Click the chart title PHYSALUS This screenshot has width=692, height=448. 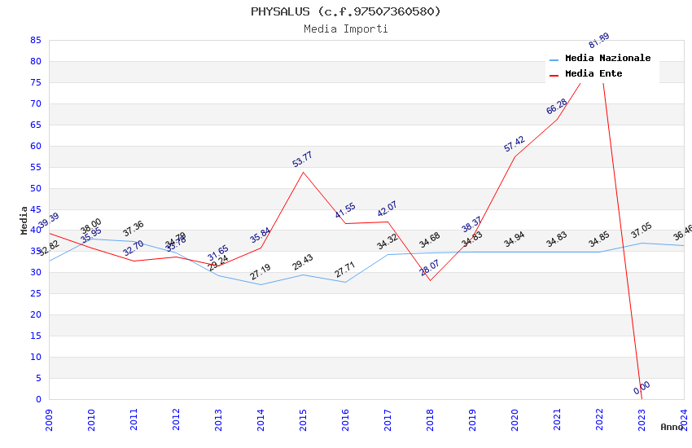(345, 11)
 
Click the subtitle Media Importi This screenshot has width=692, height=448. (345, 29)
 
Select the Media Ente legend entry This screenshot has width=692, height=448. (593, 74)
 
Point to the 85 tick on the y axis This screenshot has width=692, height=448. (35, 40)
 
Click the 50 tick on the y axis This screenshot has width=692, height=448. (35, 188)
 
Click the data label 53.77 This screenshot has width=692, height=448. (302, 160)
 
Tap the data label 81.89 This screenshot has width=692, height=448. (598, 41)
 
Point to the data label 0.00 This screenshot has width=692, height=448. (642, 388)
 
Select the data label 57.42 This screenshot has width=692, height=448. (514, 144)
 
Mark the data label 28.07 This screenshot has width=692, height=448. (429, 268)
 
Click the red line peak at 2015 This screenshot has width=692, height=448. (303, 172)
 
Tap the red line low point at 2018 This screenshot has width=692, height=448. (430, 280)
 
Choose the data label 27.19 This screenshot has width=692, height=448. (261, 272)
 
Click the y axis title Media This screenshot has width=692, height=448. (24, 220)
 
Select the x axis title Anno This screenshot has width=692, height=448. (672, 427)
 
